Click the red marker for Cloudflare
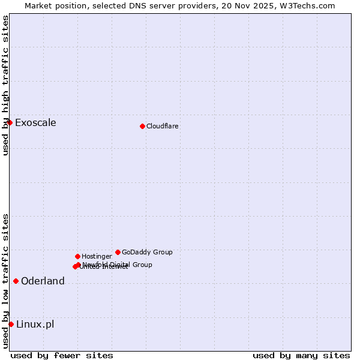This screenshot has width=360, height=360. pos(142,126)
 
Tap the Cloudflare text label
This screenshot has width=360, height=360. pos(163,127)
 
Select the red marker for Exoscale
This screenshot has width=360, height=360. pos(10,122)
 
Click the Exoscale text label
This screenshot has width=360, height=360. pos(35,123)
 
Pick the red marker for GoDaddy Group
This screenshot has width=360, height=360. pos(118,252)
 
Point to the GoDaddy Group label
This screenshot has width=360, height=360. pos(147,253)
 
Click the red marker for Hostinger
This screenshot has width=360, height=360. pos(77,256)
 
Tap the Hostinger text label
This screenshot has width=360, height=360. pos(97,257)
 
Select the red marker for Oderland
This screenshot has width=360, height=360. pos(16,281)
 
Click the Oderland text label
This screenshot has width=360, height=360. pos(43,281)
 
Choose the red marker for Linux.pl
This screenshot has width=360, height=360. pos(11,324)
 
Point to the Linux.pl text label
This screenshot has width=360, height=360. pos(35,325)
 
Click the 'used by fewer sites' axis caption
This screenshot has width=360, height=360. pos(62,355)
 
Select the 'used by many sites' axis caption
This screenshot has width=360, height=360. pos(301,355)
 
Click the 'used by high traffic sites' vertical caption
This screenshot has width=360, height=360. pos(5,85)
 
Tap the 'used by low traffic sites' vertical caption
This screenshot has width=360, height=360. pos(5,281)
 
